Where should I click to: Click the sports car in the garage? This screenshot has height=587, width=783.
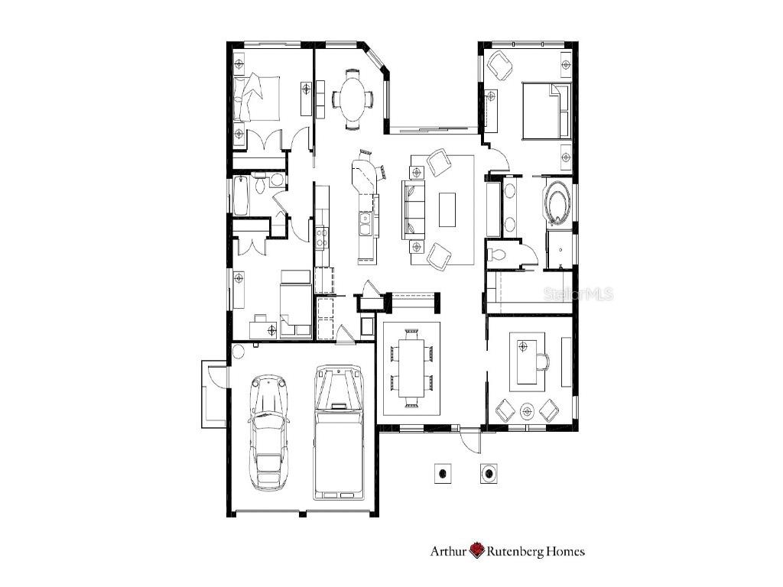(268, 432)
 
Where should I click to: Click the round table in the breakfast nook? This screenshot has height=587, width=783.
(353, 98)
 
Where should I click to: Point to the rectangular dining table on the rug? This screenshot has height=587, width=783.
(411, 368)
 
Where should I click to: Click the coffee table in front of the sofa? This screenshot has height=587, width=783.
(447, 209)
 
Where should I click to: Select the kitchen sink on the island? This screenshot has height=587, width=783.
(366, 224)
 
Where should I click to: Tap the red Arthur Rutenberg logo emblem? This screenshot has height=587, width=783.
(478, 550)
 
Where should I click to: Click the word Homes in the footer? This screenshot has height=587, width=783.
(564, 550)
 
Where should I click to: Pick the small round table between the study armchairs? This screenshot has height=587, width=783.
(527, 411)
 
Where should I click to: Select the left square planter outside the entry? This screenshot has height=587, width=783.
(441, 473)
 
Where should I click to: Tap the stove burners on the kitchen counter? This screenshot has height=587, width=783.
(322, 236)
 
